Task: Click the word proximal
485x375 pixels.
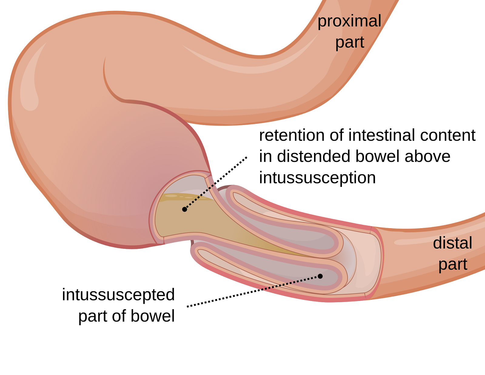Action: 349,22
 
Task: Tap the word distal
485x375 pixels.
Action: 452,243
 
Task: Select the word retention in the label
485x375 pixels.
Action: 292,135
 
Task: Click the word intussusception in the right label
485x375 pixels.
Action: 317,178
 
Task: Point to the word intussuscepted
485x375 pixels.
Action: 118,295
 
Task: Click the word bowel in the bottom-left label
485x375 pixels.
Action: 153,316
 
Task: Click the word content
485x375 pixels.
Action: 448,135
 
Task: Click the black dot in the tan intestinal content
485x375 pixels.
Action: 185,209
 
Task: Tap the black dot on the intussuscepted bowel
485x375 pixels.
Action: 320,276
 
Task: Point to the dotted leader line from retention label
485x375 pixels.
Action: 216,183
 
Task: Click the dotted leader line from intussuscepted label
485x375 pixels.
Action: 253,292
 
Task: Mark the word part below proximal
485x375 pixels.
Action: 350,43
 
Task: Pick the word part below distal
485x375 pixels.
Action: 453,265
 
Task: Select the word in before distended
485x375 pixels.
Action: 266,156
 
